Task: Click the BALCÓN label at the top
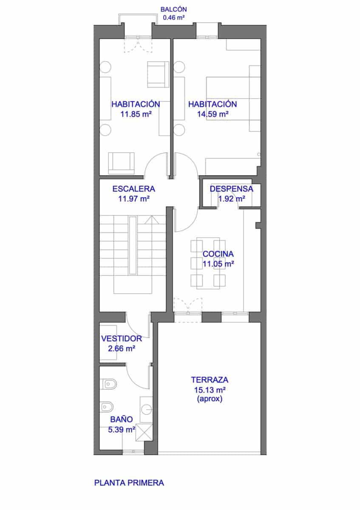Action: click(x=173, y=9)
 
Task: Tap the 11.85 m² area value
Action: click(x=136, y=114)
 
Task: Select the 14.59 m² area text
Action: click(x=213, y=114)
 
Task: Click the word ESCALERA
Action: click(x=134, y=189)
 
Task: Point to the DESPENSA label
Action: click(x=232, y=189)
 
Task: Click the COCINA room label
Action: click(x=218, y=254)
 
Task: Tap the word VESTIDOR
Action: click(x=122, y=339)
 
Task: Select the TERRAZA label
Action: click(x=210, y=380)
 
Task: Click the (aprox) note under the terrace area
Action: click(x=210, y=399)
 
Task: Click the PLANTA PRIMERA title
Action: click(x=129, y=483)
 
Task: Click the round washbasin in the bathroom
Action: click(x=147, y=409)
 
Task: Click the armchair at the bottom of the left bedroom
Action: click(x=122, y=163)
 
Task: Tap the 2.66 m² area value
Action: click(x=122, y=348)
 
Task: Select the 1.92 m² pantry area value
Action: click(x=232, y=198)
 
